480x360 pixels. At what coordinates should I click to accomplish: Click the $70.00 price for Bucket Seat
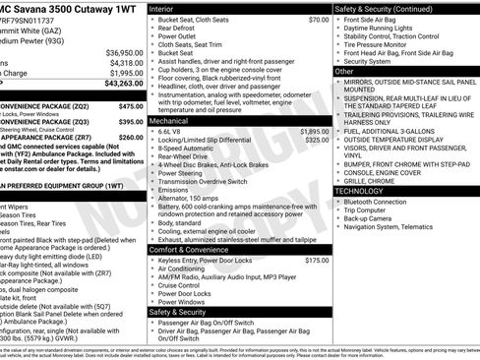coord(318,20)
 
